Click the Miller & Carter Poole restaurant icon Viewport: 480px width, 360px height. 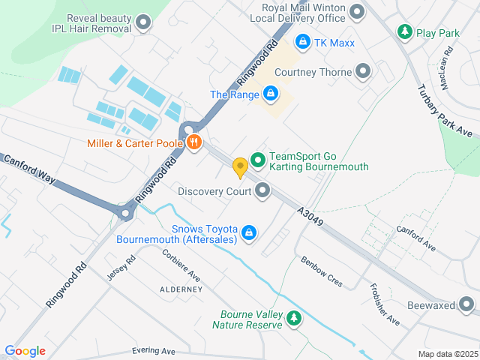pyautogui.click(x=194, y=143)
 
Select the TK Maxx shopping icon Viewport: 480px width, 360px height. pyautogui.click(x=302, y=42)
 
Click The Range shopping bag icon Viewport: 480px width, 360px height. pyautogui.click(x=270, y=94)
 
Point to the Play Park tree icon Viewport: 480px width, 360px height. pyautogui.click(x=405, y=32)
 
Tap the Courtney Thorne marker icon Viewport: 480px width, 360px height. pyautogui.click(x=364, y=72)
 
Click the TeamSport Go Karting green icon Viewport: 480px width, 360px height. pyautogui.click(x=258, y=160)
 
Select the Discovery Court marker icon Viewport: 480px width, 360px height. pyautogui.click(x=262, y=191)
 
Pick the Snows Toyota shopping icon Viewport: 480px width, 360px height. pyautogui.click(x=249, y=234)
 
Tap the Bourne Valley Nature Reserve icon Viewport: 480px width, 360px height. pyautogui.click(x=294, y=319)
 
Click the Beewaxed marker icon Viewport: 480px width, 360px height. pyautogui.click(x=467, y=304)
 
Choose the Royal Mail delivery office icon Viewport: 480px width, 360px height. pyautogui.click(x=357, y=11)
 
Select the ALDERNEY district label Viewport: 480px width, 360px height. pyautogui.click(x=181, y=289)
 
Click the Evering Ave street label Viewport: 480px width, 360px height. pyautogui.click(x=153, y=351)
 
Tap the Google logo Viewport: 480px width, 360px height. pyautogui.click(x=25, y=351)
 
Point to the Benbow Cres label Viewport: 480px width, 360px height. pyautogui.click(x=322, y=271)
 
